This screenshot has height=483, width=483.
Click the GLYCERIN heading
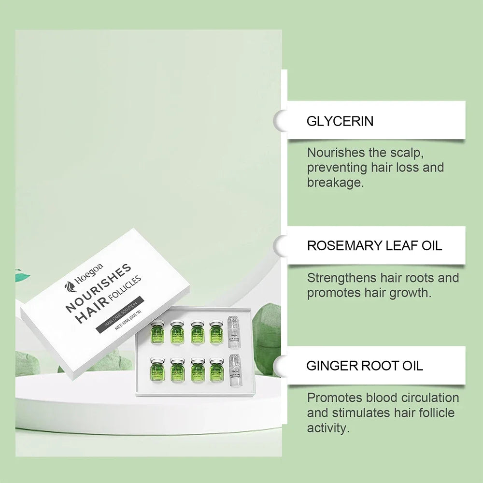point(340,121)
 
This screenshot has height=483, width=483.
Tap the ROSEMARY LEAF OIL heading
point(374,245)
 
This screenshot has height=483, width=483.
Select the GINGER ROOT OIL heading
point(365,366)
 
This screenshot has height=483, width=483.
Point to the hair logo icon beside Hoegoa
point(70,290)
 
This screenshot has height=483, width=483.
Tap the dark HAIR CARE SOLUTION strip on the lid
point(118,314)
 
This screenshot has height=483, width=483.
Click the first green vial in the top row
point(157,332)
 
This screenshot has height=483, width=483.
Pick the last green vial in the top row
point(216,332)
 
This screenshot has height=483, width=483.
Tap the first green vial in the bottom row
point(157,369)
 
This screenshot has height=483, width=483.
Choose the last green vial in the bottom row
point(216,369)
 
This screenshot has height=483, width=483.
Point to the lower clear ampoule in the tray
point(235,369)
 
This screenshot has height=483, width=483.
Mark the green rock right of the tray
point(266,338)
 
